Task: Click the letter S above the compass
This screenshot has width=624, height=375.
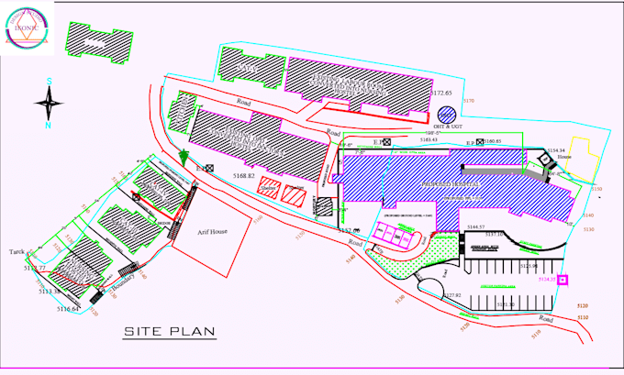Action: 49,82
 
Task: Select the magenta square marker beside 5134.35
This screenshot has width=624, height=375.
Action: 563,280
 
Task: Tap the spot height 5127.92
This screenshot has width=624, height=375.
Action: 453,295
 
